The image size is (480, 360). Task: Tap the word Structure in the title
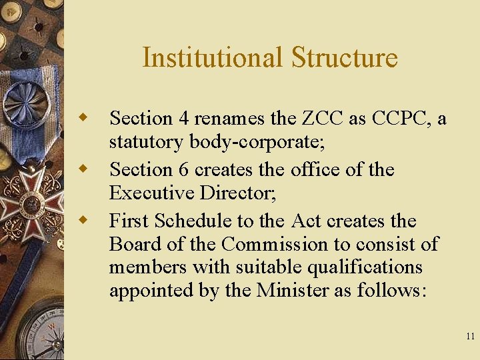click(344, 57)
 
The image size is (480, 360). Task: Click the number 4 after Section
click(184, 119)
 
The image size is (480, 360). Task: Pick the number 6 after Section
click(184, 170)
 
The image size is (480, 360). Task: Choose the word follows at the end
click(393, 291)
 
